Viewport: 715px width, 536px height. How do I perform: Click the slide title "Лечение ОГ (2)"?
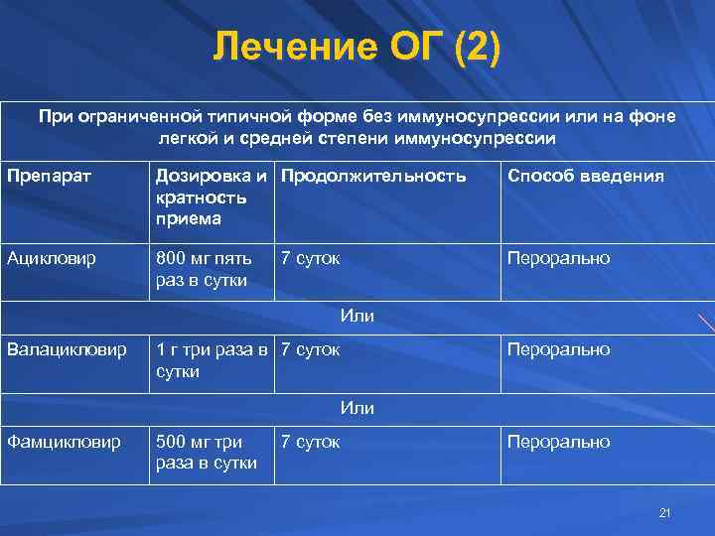[x=357, y=47]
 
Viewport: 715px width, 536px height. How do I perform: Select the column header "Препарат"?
[x=50, y=176]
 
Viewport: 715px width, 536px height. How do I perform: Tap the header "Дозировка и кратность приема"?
[x=211, y=197]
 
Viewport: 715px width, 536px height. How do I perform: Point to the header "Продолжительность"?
[x=373, y=176]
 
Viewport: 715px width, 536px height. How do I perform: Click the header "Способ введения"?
[x=586, y=176]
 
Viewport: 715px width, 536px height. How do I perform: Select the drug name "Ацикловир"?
[x=51, y=258]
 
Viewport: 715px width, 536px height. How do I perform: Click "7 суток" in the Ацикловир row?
[x=311, y=258]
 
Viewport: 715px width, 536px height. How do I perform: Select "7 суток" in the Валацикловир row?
[x=311, y=349]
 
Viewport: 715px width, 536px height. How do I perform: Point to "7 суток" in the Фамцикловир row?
[x=311, y=442]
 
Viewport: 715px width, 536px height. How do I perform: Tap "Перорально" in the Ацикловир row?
[x=559, y=258]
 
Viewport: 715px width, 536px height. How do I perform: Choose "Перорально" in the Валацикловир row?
[x=559, y=349]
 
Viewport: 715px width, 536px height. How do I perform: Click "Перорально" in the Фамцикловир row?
[x=559, y=442]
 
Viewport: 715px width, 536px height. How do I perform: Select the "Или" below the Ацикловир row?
[x=357, y=316]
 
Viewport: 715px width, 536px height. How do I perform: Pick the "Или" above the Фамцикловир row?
[x=357, y=407]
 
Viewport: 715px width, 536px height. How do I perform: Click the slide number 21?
[x=665, y=512]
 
